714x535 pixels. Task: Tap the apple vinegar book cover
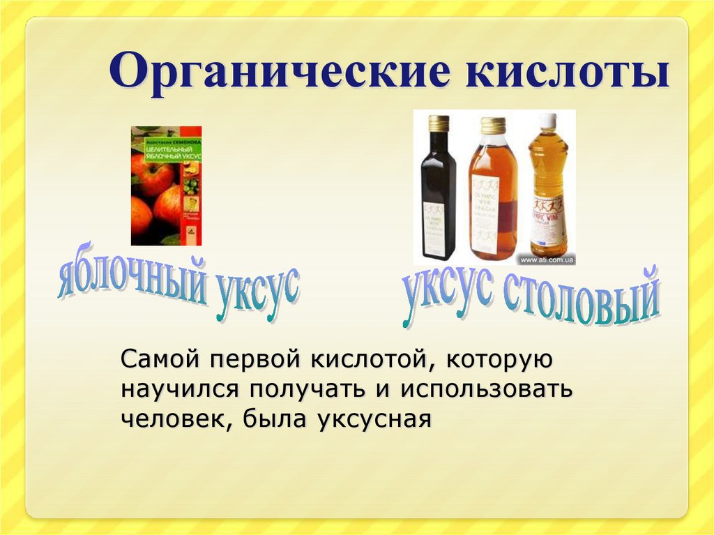click(x=166, y=186)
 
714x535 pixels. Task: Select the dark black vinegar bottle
click(x=438, y=195)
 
